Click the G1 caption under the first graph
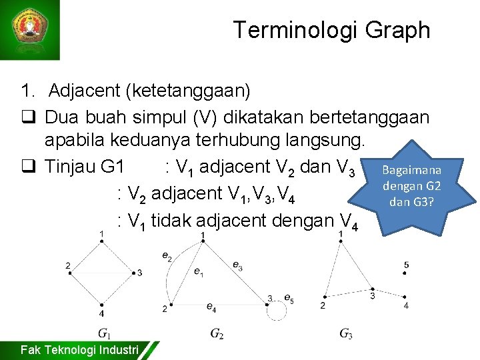[104, 333]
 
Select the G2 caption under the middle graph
[217, 333]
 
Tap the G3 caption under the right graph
[345, 333]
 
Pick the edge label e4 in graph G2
[211, 307]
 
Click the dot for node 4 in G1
[101, 303]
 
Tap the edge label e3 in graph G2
[237, 265]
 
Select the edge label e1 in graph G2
[199, 271]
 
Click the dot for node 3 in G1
[131, 273]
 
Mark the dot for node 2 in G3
[324, 297]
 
